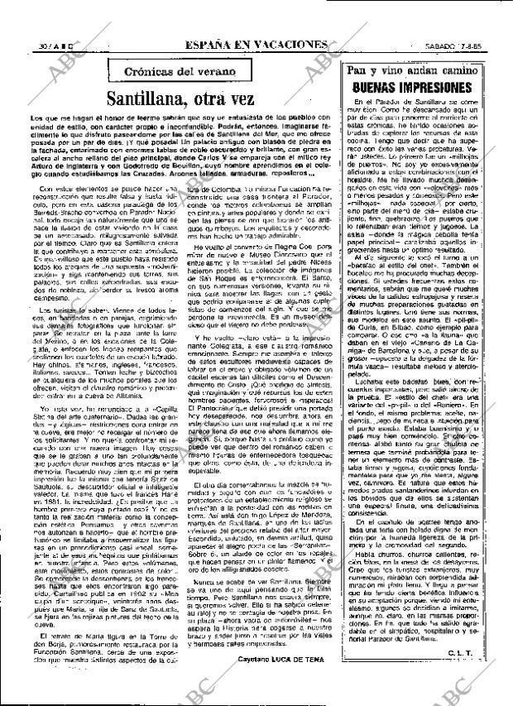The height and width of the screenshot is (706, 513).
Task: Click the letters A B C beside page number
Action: [45, 44]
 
